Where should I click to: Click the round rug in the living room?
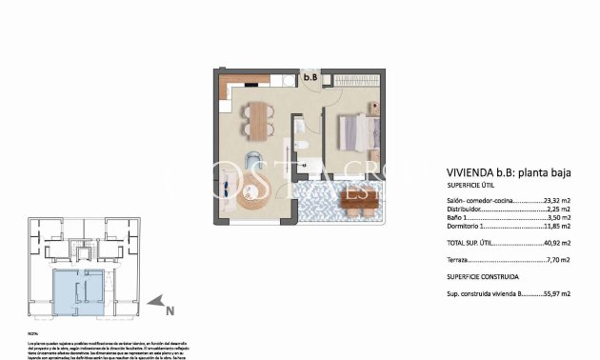pyautogui.click(x=255, y=198)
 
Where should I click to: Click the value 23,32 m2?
pyautogui.click(x=557, y=202)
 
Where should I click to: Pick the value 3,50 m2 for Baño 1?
pyautogui.click(x=558, y=219)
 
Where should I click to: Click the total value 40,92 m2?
pyautogui.click(x=557, y=243)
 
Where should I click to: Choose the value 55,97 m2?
pyautogui.click(x=556, y=295)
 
